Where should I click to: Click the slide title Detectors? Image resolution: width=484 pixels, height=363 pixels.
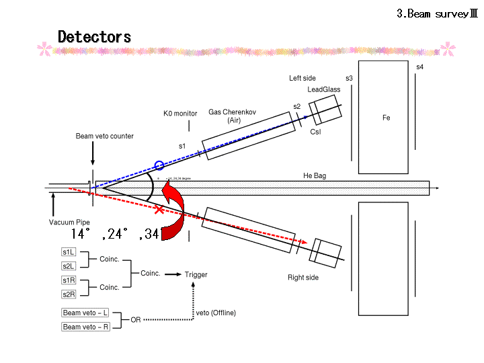tap(94, 37)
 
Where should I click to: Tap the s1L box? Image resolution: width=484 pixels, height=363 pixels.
tap(69, 252)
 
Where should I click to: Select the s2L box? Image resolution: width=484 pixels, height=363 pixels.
tap(69, 266)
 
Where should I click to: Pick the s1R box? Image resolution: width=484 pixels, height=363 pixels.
tap(69, 280)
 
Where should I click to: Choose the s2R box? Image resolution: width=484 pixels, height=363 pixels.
tap(69, 294)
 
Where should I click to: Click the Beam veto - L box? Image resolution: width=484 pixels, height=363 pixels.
tap(85, 313)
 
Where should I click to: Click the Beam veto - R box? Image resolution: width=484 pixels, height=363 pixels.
tap(85, 327)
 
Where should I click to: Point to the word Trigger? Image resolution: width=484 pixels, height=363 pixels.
tap(196, 274)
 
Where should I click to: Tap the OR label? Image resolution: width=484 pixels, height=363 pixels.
tap(136, 320)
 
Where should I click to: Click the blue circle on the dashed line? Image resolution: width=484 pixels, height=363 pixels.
tap(159, 165)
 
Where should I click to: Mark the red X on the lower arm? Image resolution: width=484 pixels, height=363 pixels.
tap(159, 210)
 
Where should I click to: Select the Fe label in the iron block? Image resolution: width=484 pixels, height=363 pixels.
tap(386, 118)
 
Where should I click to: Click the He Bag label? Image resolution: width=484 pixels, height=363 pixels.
tap(315, 176)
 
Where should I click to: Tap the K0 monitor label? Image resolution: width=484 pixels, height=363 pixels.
tap(180, 114)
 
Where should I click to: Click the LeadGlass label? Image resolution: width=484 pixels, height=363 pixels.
tap(324, 89)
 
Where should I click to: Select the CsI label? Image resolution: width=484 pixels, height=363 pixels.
tap(315, 132)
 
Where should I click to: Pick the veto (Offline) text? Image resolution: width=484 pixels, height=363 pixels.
tap(216, 313)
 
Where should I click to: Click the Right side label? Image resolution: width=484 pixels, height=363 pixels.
tap(302, 278)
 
